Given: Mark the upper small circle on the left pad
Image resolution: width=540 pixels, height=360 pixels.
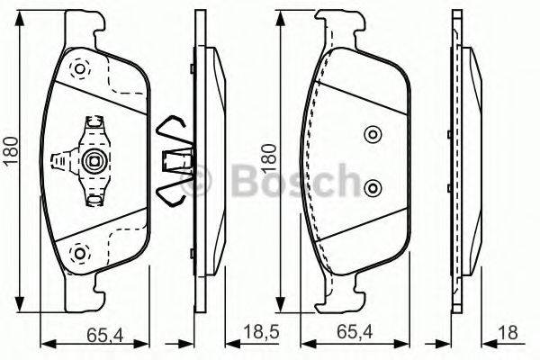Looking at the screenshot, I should pos(78,67).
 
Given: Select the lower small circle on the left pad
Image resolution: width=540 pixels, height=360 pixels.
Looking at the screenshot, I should pos(78,254).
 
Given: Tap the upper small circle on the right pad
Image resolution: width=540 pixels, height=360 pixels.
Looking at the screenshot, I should pos(373,135).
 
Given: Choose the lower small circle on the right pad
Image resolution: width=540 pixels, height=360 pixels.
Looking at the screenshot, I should pos(373,187).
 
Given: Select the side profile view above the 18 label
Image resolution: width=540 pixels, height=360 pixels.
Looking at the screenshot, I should pos(467,162).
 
